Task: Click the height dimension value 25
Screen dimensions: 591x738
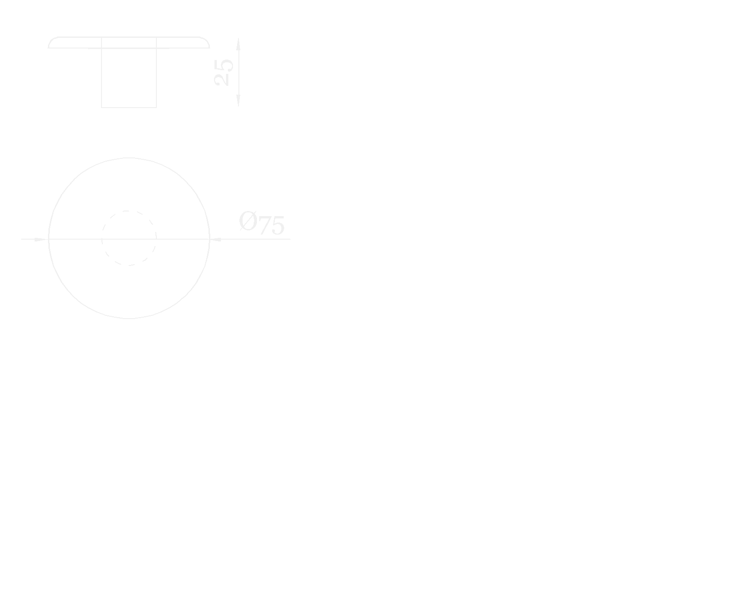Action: (x=224, y=72)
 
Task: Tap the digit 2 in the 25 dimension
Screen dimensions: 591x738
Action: (x=224, y=79)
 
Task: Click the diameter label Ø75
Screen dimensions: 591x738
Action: (x=262, y=223)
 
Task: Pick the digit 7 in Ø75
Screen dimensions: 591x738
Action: (x=265, y=226)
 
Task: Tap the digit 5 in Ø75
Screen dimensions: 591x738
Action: (x=277, y=226)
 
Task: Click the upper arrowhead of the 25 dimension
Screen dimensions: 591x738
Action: (x=238, y=43)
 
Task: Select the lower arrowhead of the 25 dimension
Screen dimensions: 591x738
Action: (x=238, y=101)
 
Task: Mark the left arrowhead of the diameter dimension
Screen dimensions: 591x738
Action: (x=42, y=239)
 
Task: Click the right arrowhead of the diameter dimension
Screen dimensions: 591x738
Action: (x=216, y=239)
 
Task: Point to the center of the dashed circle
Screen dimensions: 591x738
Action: (x=129, y=238)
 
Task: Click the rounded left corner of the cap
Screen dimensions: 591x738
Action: (x=51, y=41)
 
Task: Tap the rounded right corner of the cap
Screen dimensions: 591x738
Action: (x=207, y=41)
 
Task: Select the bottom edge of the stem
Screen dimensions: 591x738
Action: (x=129, y=108)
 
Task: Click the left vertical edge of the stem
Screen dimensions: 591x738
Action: (x=101, y=76)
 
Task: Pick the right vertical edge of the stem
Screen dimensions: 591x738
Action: (x=156, y=76)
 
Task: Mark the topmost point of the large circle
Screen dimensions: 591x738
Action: (x=129, y=158)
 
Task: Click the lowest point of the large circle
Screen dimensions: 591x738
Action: (x=129, y=319)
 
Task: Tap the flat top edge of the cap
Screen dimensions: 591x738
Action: (x=129, y=37)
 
